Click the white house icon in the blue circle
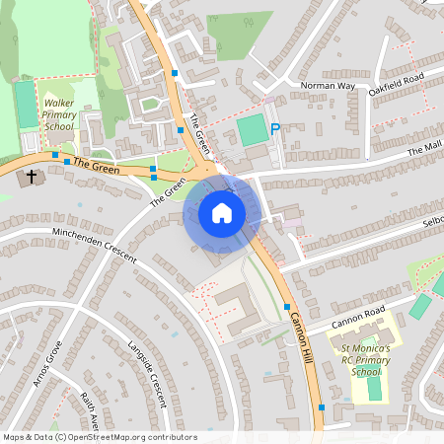coord(221,213)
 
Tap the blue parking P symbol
coord(275,129)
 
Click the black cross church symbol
coord(32,178)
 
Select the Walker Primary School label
coord(59,113)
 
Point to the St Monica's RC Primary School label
coord(366,360)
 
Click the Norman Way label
coord(327,86)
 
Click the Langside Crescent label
coord(146,374)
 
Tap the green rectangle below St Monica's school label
coord(374,389)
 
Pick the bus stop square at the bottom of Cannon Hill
coord(322,407)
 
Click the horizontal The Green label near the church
coord(97,170)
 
